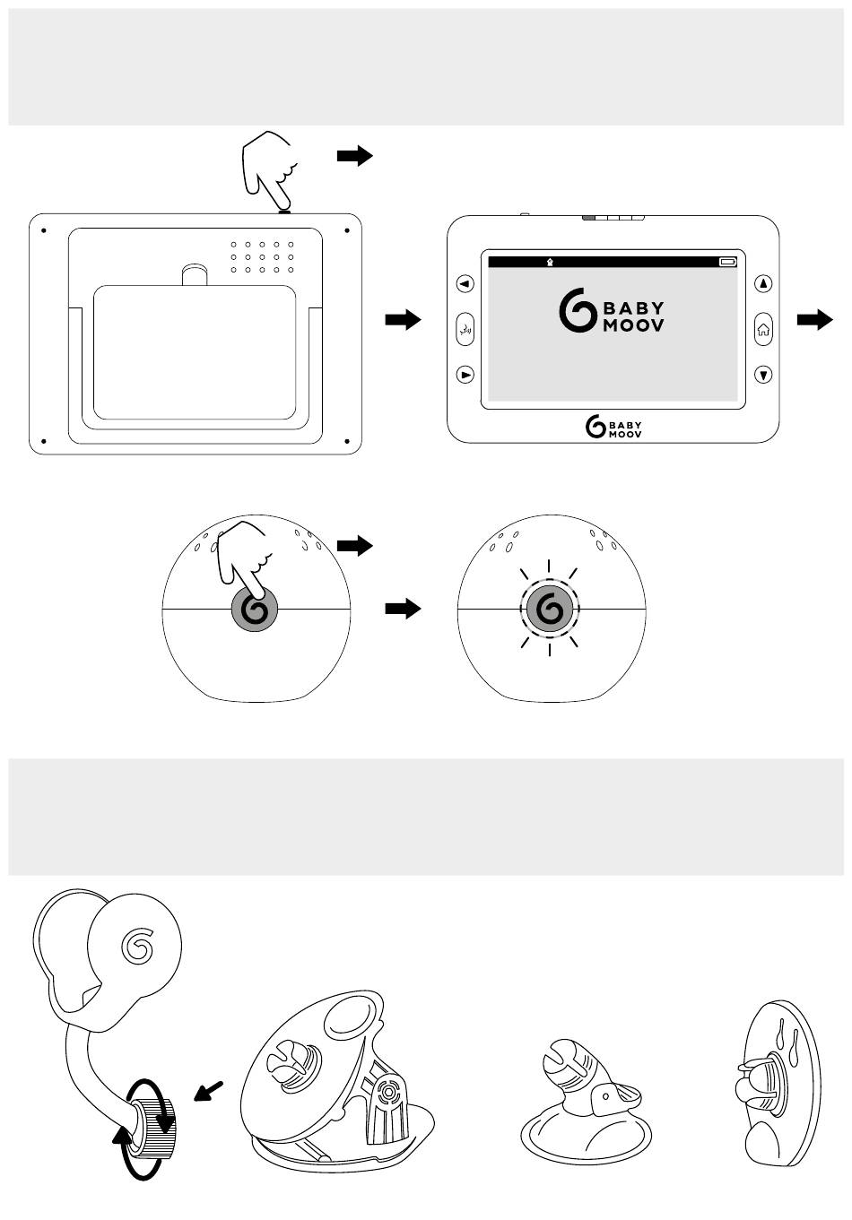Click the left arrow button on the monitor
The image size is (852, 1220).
(465, 284)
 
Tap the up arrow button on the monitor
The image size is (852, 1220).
(763, 284)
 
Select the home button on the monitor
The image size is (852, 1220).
(763, 329)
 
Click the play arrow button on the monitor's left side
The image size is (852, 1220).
(465, 375)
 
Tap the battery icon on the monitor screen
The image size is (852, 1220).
(727, 263)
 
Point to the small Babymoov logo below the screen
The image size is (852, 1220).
(613, 428)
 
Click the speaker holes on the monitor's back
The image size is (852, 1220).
(262, 256)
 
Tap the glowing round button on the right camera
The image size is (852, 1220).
(550, 610)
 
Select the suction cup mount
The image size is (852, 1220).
(586, 1107)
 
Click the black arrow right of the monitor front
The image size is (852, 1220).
(814, 319)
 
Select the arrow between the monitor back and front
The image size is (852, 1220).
(403, 320)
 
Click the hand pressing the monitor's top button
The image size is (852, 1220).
(270, 168)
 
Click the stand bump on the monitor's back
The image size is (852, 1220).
(195, 273)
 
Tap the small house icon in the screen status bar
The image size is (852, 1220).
(549, 263)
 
